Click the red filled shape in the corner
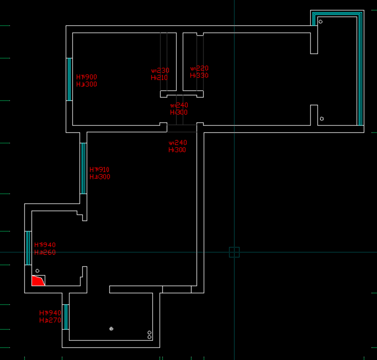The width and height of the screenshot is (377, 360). (x=37, y=281)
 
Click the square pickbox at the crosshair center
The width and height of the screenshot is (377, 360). (x=234, y=252)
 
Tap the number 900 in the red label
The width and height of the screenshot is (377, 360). (x=90, y=77)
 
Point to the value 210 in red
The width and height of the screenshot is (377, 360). (x=161, y=78)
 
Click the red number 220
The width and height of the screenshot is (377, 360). (x=202, y=68)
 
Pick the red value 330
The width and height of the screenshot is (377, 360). (x=202, y=75)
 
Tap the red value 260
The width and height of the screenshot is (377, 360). (x=49, y=252)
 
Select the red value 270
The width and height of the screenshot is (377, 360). (x=54, y=320)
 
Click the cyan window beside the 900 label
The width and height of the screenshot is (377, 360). (x=69, y=79)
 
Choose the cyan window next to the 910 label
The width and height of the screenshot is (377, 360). (x=83, y=168)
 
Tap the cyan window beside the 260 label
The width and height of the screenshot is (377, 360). (x=28, y=248)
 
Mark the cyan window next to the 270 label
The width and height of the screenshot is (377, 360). (x=66, y=317)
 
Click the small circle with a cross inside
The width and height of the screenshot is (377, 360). (x=112, y=329)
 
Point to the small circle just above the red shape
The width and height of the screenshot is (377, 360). (x=37, y=271)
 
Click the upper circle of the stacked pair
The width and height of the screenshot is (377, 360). (x=149, y=333)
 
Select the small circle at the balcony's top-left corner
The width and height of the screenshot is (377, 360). (x=320, y=22)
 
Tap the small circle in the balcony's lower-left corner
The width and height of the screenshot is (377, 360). (x=322, y=119)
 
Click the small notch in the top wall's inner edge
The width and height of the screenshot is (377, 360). (x=200, y=34)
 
